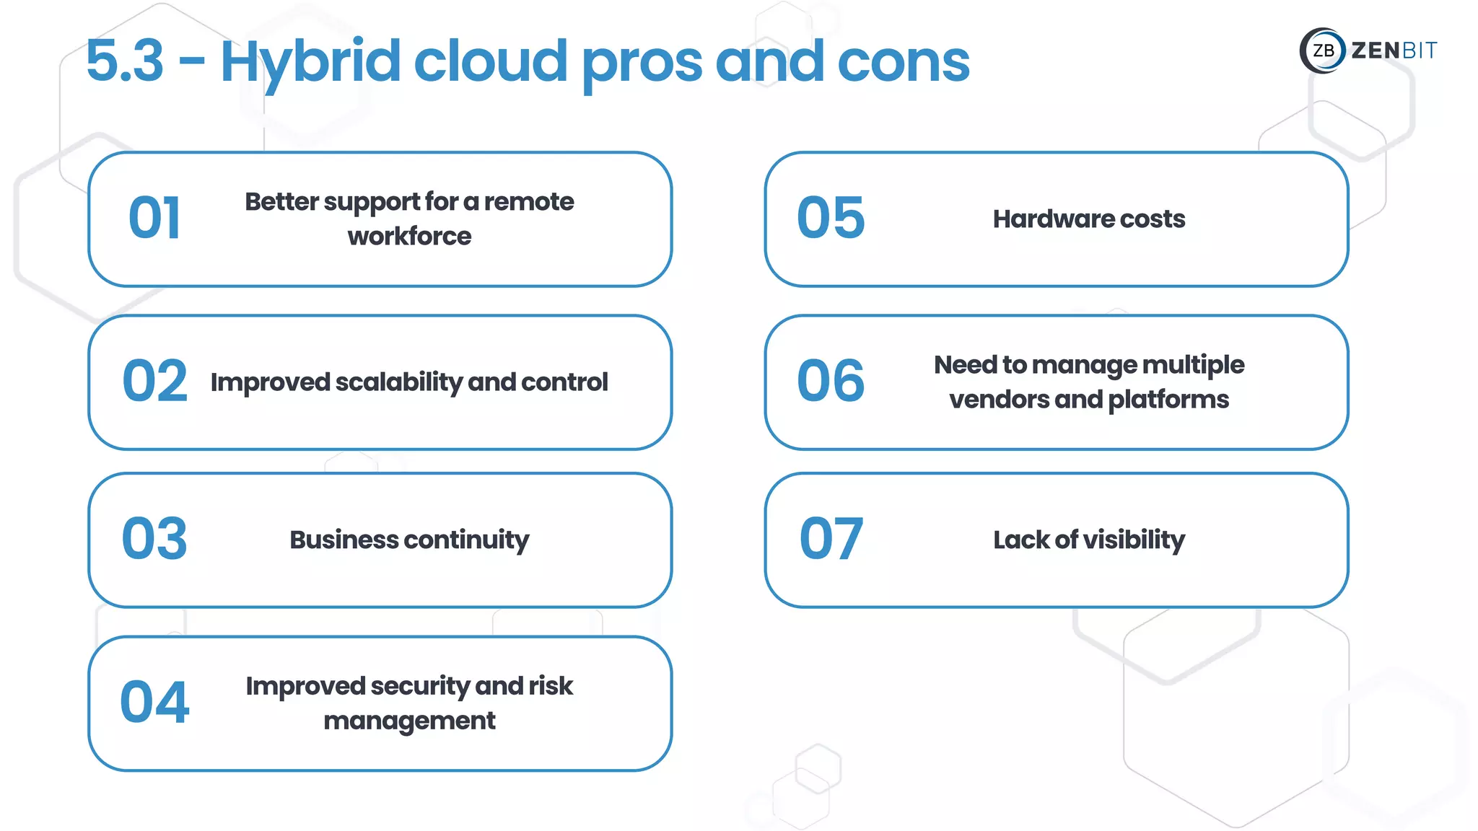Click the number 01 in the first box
tap(154, 219)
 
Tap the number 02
tap(154, 382)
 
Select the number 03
tap(154, 540)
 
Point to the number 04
tap(154, 703)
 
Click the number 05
tap(831, 219)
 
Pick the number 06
tap(831, 382)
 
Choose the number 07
tap(831, 540)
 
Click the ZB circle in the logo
tap(1323, 50)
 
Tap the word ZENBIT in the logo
tap(1394, 50)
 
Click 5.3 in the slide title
tap(125, 61)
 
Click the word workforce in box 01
tap(409, 237)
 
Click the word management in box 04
tap(409, 721)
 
